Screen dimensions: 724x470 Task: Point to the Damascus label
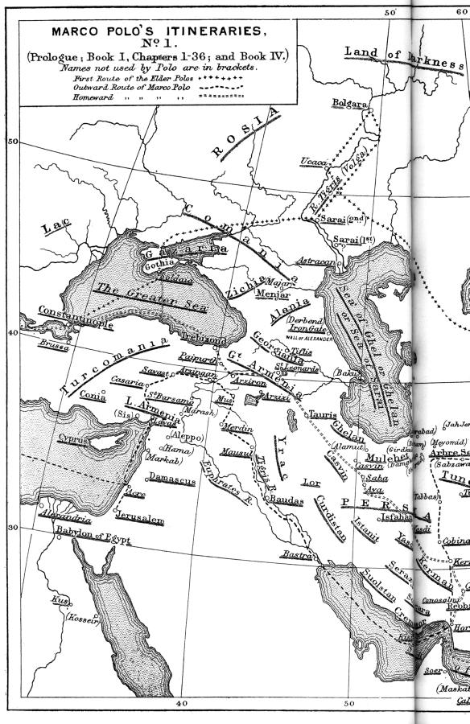(x=171, y=480)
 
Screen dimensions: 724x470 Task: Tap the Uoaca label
(x=313, y=162)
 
